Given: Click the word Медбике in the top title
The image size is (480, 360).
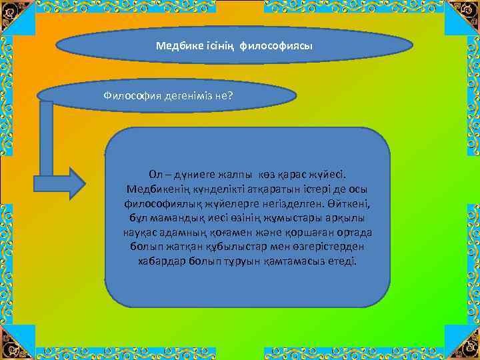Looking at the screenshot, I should pos(175,47).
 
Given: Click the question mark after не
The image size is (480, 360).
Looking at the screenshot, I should pos(230,95).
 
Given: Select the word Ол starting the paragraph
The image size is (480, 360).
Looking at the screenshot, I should pos(155,174).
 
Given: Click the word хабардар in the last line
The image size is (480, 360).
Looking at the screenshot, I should pos(159,261).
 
